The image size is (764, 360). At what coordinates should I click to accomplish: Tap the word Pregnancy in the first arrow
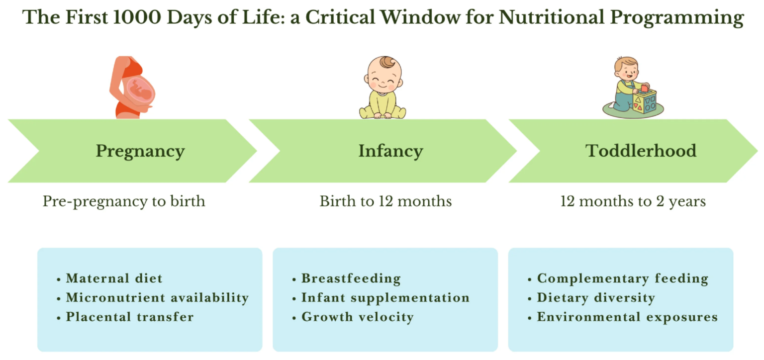tap(140, 151)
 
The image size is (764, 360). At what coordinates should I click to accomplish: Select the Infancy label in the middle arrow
tap(390, 151)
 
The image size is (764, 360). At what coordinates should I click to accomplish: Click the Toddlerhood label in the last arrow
tap(641, 151)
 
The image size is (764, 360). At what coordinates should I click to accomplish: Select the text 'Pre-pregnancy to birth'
tap(124, 201)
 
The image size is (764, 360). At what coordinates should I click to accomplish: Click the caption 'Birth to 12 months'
tap(385, 201)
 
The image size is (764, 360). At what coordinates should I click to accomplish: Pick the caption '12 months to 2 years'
tap(633, 201)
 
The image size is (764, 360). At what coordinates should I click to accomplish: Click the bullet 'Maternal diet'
tap(114, 278)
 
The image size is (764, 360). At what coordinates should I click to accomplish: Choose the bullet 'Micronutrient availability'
tap(157, 297)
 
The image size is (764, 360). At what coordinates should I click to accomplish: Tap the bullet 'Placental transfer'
tap(129, 317)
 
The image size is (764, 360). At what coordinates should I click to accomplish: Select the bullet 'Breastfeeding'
tap(351, 278)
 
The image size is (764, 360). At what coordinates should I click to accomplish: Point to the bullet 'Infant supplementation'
tap(385, 297)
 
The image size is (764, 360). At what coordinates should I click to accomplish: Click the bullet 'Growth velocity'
tap(357, 317)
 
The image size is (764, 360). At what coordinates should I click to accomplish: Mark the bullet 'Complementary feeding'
tap(622, 278)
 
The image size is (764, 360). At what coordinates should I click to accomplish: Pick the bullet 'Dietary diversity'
tap(595, 297)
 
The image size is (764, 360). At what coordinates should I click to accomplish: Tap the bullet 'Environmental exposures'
tap(627, 317)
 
